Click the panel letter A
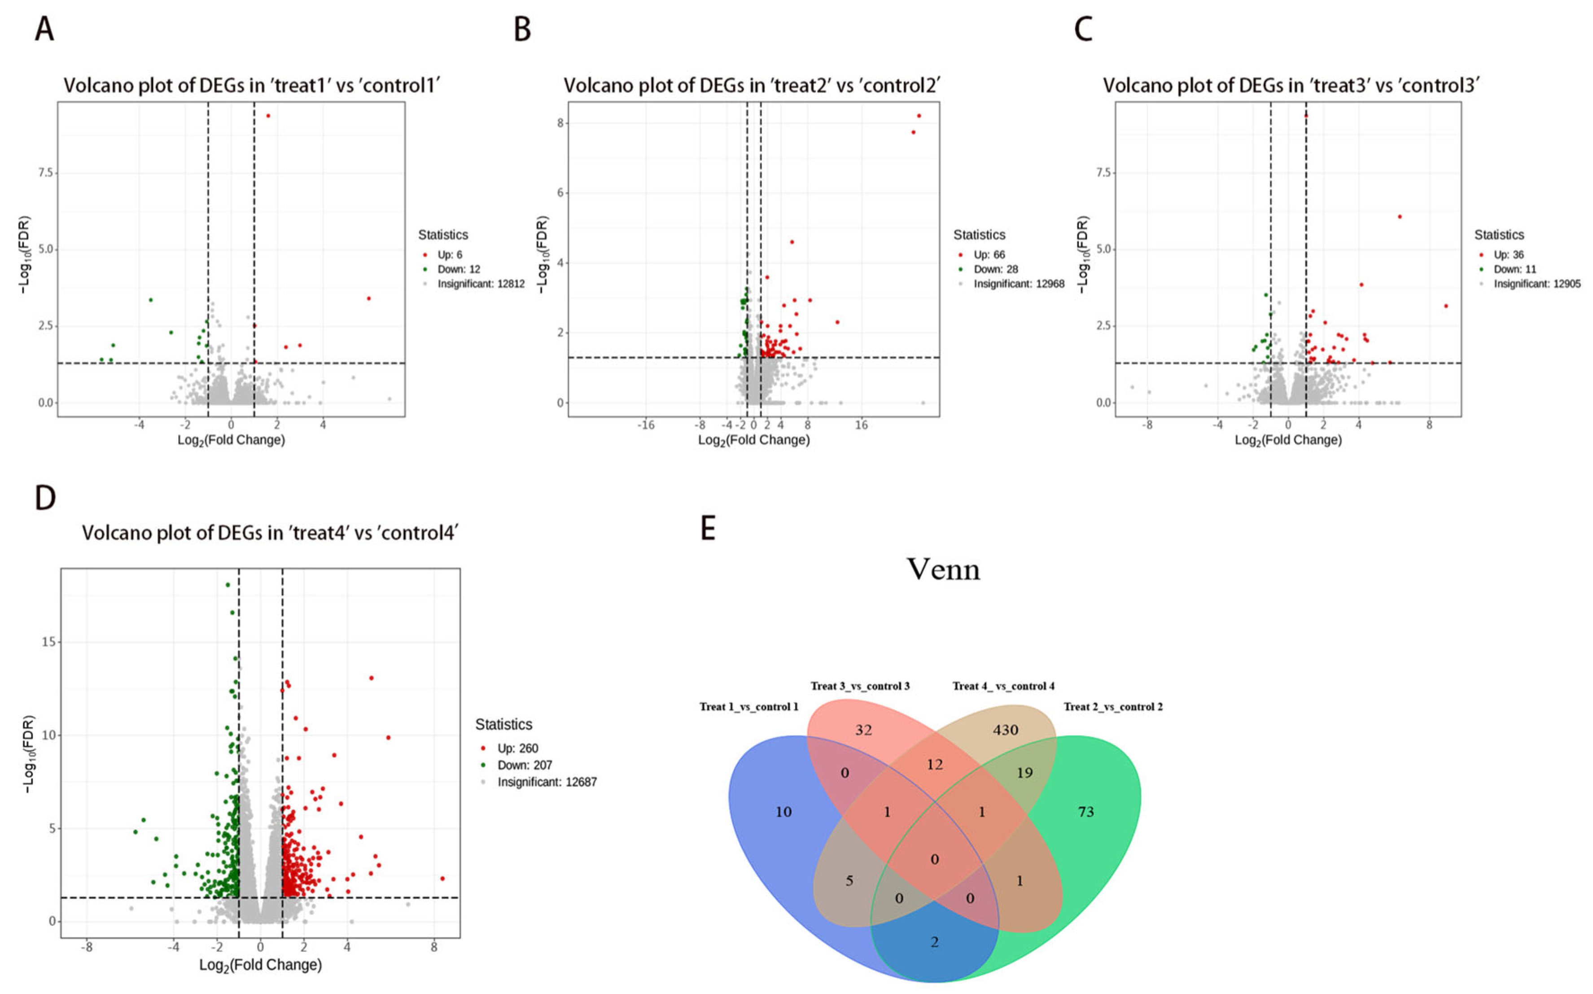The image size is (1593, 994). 44,30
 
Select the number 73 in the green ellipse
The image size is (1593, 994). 1085,812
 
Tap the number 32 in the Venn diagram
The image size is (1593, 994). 863,730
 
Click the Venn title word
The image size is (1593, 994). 943,569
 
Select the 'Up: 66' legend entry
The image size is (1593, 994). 989,254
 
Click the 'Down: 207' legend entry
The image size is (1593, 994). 524,765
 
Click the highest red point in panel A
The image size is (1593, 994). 268,116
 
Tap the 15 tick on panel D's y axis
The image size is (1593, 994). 48,642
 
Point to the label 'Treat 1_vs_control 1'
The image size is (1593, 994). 748,707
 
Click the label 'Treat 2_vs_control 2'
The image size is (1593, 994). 1112,707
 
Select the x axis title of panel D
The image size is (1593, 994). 260,965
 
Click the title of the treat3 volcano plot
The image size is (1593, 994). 1291,85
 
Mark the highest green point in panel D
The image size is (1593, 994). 228,584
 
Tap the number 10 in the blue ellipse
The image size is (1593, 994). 783,812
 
